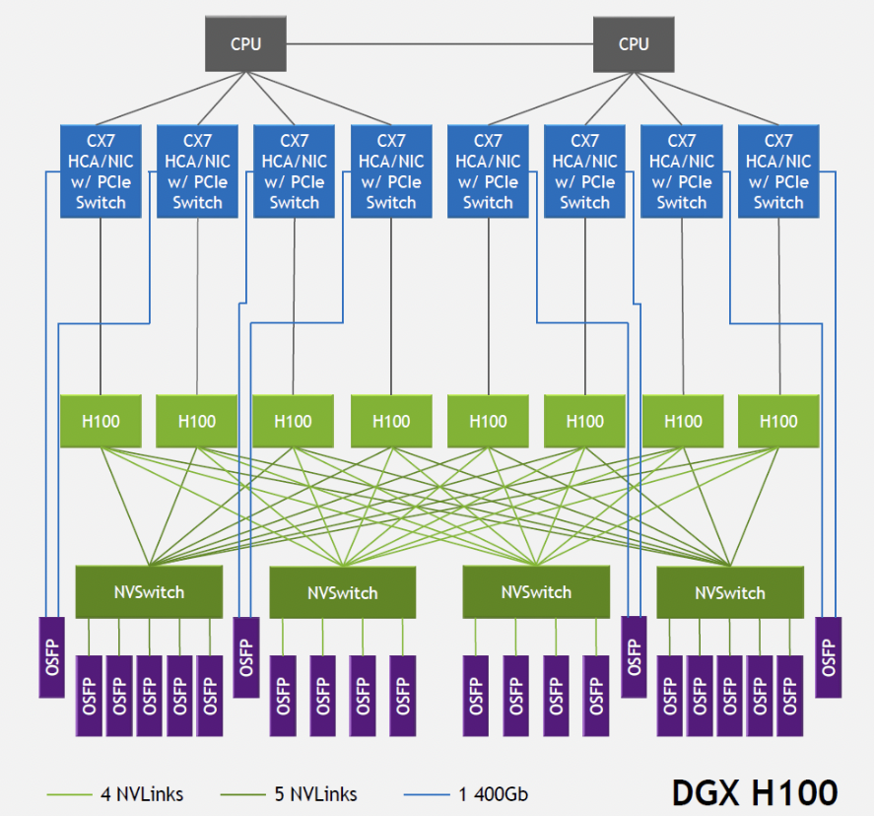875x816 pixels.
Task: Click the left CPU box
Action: click(x=245, y=44)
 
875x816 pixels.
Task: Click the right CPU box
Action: click(x=634, y=44)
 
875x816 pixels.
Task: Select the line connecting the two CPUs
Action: click(x=439, y=44)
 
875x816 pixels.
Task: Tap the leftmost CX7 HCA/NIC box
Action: click(x=101, y=171)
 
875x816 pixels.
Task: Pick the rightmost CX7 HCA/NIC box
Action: click(x=778, y=171)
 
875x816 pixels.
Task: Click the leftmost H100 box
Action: click(x=101, y=422)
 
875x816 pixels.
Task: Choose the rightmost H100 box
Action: click(x=778, y=422)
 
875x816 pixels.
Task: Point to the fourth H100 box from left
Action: click(x=391, y=422)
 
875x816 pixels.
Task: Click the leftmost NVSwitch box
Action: click(x=149, y=592)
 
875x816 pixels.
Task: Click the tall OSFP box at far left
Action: click(x=51, y=656)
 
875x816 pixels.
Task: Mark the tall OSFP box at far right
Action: click(x=828, y=656)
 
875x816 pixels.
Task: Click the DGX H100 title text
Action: click(x=754, y=792)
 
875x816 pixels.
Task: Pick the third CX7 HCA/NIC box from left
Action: click(x=294, y=171)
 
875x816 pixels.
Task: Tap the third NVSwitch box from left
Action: click(x=536, y=592)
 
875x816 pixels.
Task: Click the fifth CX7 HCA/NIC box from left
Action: click(x=488, y=171)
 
